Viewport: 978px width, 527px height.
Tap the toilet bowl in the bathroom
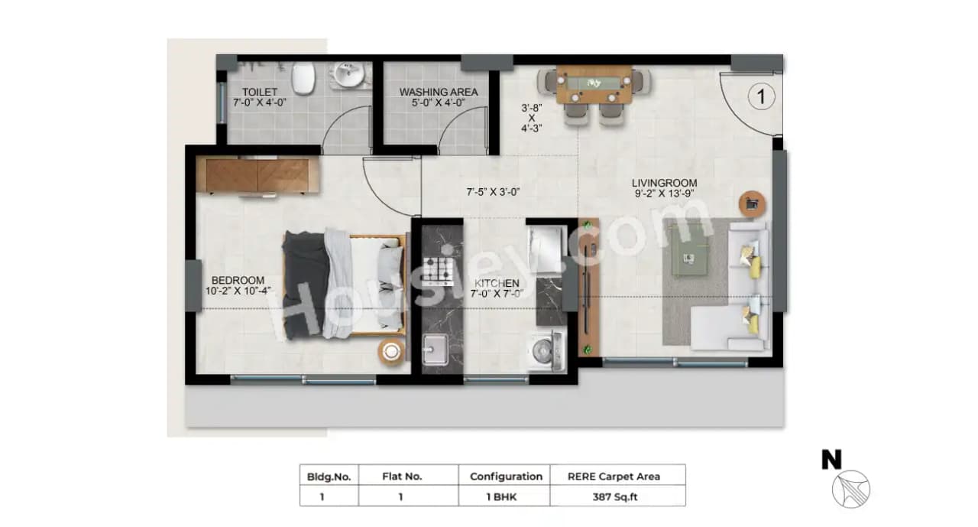click(x=303, y=76)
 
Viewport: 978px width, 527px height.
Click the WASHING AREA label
click(x=439, y=92)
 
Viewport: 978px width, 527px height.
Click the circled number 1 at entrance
click(x=760, y=96)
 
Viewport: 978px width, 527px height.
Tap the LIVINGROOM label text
click(x=664, y=183)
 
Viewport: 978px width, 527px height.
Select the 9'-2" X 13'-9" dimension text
click(x=664, y=194)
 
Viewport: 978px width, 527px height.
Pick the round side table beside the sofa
click(x=752, y=203)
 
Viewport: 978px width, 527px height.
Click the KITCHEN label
click(x=496, y=283)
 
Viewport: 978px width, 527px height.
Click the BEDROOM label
click(x=238, y=280)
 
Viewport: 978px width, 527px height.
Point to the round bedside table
click(x=390, y=351)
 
